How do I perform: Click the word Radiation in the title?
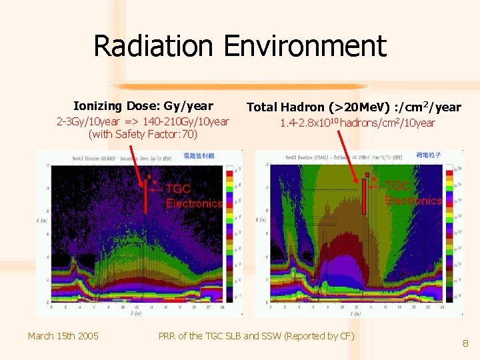155,46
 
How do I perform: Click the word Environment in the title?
305,46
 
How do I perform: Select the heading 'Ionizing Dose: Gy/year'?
143,105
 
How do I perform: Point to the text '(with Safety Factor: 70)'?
143,134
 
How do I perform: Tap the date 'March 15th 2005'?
63,335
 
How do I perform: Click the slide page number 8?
465,344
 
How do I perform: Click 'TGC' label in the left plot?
178,189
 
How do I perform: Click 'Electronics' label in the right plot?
413,200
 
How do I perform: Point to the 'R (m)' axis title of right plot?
258,219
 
